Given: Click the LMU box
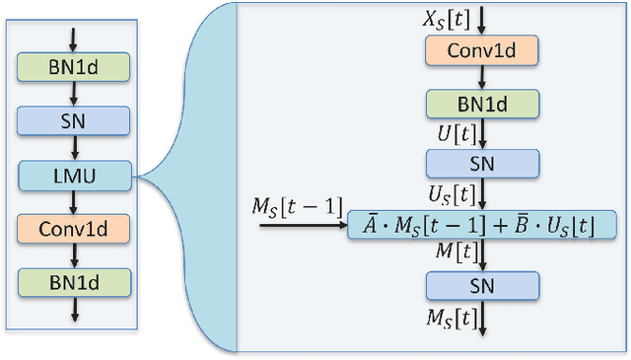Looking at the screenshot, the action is tap(73, 177).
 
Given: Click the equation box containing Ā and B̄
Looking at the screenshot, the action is tap(482, 225).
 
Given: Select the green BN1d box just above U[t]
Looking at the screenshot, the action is tap(482, 104).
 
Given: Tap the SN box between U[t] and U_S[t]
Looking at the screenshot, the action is tap(482, 163).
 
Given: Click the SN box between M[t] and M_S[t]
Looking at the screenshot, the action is tap(482, 286).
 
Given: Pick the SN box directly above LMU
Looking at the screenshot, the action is tap(73, 121).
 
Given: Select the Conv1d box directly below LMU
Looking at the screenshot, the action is tap(73, 230).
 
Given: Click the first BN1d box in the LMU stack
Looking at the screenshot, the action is tap(73, 67).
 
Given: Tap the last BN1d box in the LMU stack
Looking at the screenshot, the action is tap(73, 282).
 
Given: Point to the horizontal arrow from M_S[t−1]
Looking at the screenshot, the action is tap(302, 226).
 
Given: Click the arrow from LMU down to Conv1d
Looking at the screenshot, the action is tap(73, 202).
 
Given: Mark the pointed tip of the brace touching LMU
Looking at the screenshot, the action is tap(138, 178).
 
